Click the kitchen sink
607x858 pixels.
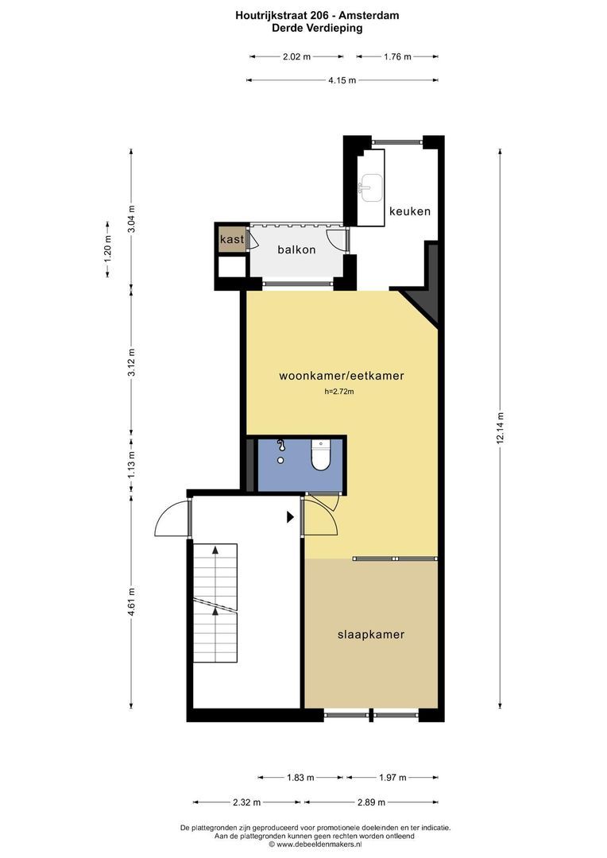coord(370,187)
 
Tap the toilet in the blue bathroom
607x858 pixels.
coord(321,455)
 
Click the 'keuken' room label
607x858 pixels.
coord(410,211)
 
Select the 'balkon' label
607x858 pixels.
coord(296,249)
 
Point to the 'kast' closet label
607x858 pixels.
coord(232,239)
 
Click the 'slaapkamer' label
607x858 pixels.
coord(371,635)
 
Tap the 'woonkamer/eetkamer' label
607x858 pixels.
coord(342,375)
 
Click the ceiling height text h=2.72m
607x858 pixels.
coord(339,391)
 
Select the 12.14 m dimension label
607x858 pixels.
coord(500,428)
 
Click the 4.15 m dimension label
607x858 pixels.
coord(342,80)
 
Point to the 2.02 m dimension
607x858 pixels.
coord(296,56)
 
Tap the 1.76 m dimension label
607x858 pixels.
coord(397,56)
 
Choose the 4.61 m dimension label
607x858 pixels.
coord(131,601)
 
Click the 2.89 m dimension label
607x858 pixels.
coord(371,802)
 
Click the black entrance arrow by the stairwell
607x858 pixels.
coord(291,516)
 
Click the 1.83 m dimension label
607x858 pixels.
coord(300,777)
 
